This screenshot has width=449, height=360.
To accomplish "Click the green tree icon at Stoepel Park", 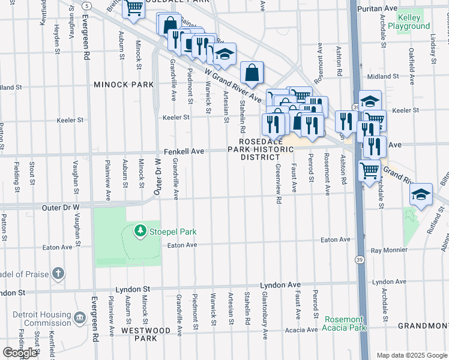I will click(140, 231).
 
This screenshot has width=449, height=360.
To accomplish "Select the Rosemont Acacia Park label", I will click(344, 324).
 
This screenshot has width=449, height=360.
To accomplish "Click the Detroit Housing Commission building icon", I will click(80, 316).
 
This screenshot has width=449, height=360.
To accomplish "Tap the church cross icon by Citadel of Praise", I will click(58, 274).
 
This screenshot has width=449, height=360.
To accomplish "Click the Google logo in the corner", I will click(20, 353).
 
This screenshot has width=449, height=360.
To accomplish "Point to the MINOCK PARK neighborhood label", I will click(124, 85).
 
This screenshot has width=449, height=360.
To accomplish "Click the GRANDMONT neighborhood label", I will click(423, 326).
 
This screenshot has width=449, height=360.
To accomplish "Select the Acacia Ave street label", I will click(301, 330).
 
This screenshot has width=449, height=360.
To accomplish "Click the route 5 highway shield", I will click(87, 5).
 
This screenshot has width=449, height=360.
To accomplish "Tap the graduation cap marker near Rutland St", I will click(421, 194).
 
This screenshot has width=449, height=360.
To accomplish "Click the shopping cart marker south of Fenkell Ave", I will click(370, 170).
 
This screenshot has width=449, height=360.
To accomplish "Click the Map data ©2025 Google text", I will click(412, 355).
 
